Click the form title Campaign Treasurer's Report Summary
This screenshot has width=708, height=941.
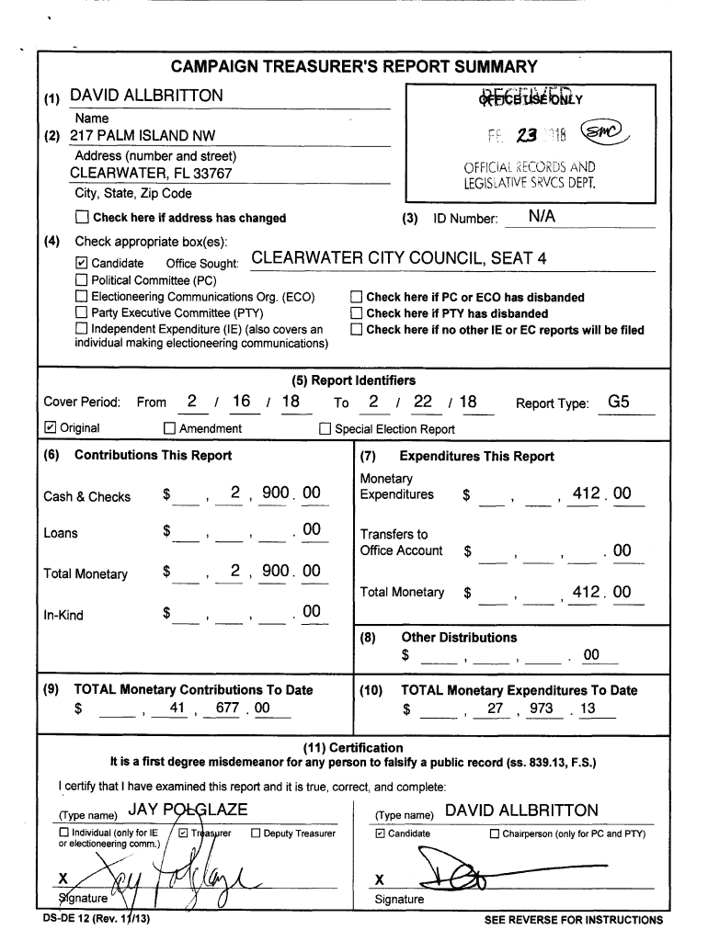point(353,67)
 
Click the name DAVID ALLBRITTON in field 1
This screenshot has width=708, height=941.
point(146,96)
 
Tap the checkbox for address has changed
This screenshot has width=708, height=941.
point(82,218)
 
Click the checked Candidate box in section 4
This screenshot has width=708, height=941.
point(82,264)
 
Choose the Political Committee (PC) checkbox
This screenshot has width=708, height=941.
point(82,280)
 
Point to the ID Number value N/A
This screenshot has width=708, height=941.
point(543,217)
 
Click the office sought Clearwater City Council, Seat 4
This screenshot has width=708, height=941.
point(398,258)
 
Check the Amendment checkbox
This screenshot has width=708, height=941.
point(169,428)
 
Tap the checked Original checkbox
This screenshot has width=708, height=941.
point(51,428)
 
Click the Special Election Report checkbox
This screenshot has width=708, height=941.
point(325,428)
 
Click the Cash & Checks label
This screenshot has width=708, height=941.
point(87,497)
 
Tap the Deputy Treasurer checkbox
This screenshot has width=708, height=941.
point(257,833)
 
